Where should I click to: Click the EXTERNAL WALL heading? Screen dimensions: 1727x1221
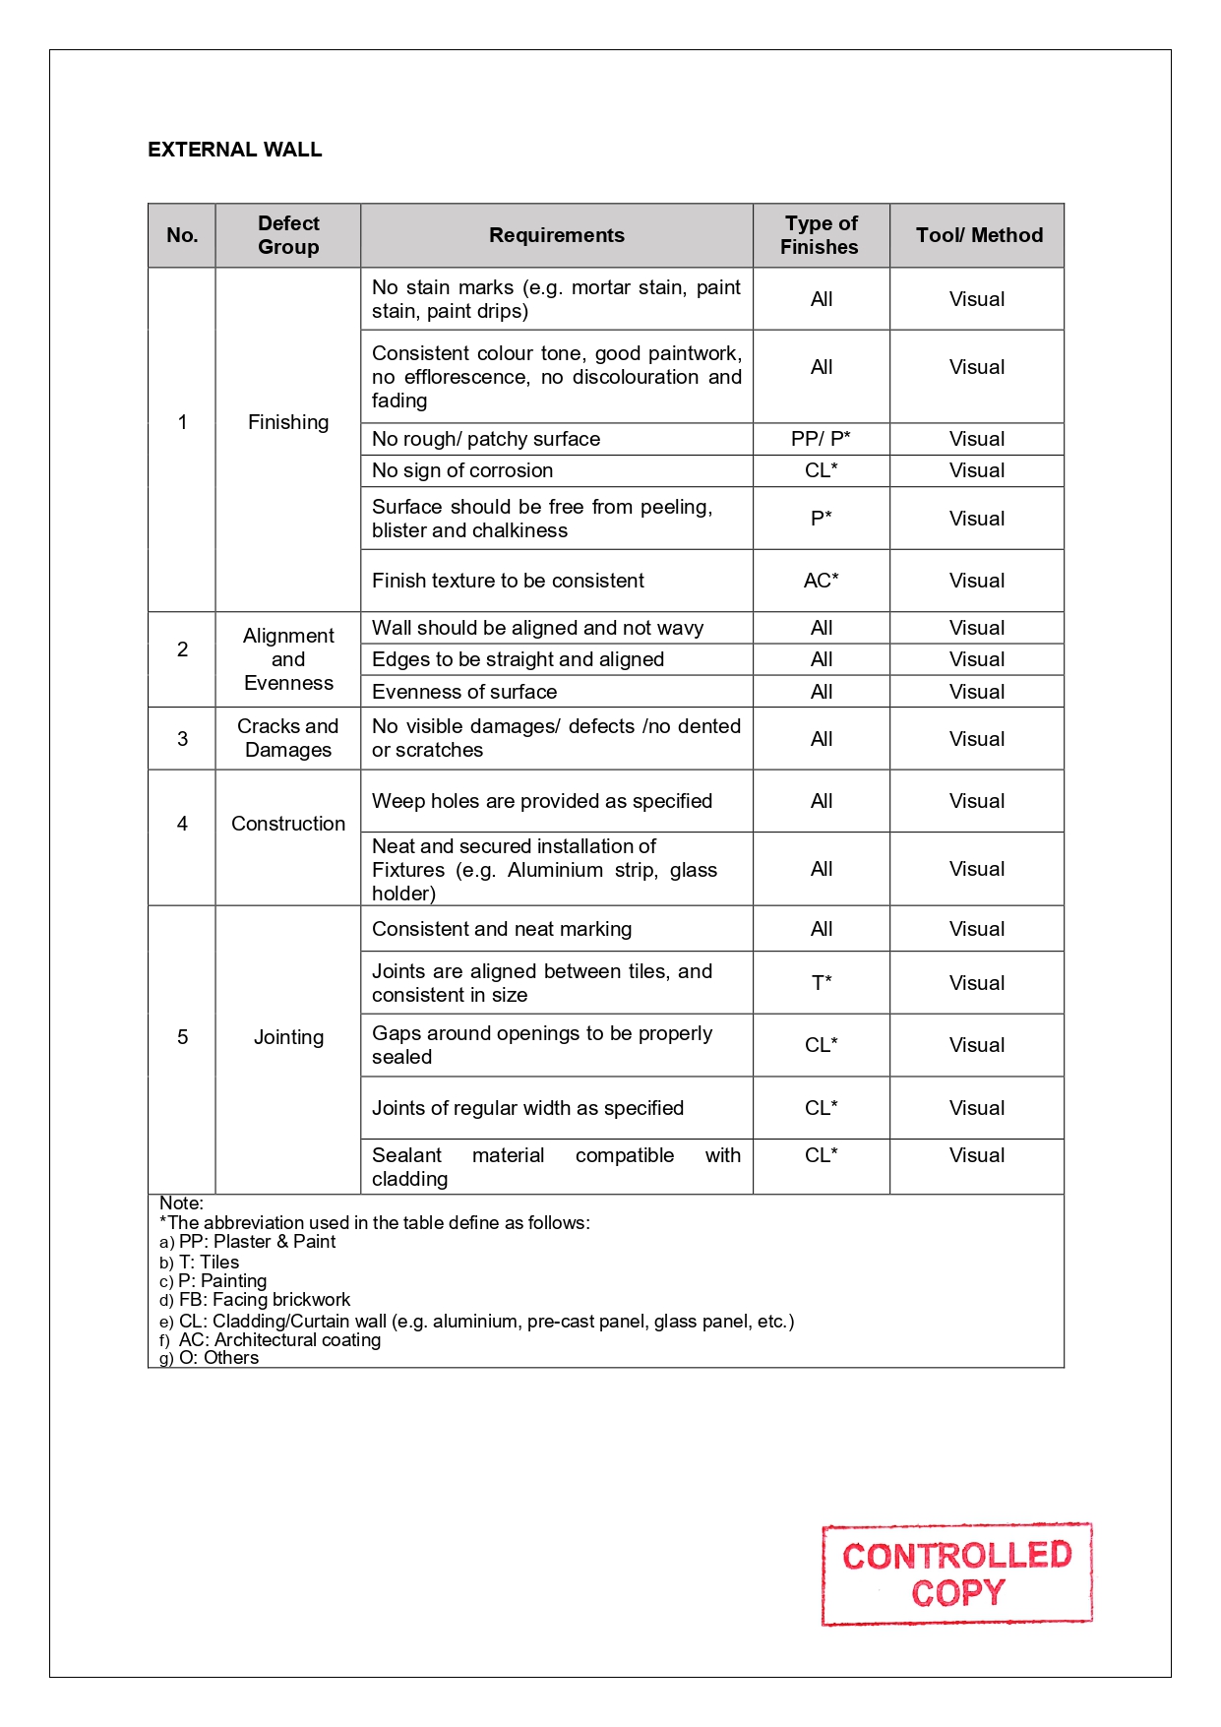[234, 150]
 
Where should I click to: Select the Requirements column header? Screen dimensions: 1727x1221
[556, 235]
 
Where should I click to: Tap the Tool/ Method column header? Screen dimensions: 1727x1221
[978, 235]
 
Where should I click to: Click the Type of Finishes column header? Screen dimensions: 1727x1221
[821, 235]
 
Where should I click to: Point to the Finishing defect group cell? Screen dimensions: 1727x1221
[288, 422]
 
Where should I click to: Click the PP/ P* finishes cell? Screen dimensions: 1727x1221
[821, 439]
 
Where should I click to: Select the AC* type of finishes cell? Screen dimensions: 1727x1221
[821, 581]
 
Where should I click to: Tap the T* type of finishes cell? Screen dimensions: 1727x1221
[821, 982]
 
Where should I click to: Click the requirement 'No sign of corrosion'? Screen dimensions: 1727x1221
[462, 470]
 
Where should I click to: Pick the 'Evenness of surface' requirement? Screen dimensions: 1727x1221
[464, 692]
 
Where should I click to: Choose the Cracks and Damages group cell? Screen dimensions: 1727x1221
[288, 738]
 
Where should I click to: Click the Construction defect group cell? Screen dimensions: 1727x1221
[288, 824]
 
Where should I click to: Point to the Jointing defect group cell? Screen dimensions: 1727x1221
[288, 1037]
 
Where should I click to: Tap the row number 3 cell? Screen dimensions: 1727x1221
[182, 739]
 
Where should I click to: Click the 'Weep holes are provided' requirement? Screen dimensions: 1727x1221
[542, 801]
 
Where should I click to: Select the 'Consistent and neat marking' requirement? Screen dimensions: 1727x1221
[502, 929]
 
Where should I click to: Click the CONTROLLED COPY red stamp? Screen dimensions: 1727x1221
[956, 1573]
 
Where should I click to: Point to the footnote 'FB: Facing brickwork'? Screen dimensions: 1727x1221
[264, 1300]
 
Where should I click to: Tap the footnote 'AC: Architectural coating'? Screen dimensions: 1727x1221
[279, 1339]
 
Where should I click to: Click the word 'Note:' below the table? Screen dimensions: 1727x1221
[181, 1203]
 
